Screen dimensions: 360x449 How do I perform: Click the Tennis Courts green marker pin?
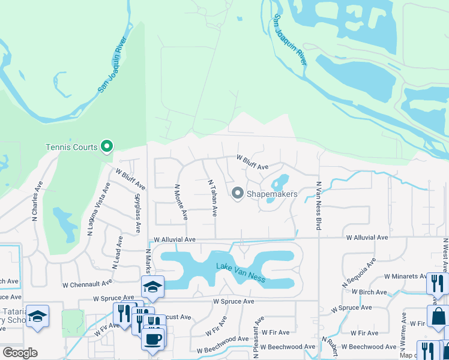(x=107, y=146)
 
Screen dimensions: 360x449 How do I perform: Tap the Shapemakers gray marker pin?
(x=237, y=193)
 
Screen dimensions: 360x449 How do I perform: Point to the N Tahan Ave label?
(x=211, y=197)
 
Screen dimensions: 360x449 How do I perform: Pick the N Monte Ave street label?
(x=178, y=200)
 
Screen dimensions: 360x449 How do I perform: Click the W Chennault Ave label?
(x=87, y=283)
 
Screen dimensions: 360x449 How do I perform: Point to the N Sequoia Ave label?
(x=358, y=272)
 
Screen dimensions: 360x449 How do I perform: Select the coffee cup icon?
(x=152, y=338)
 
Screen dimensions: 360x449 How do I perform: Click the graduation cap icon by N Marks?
(x=153, y=287)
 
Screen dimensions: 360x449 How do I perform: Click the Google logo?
(x=20, y=353)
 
